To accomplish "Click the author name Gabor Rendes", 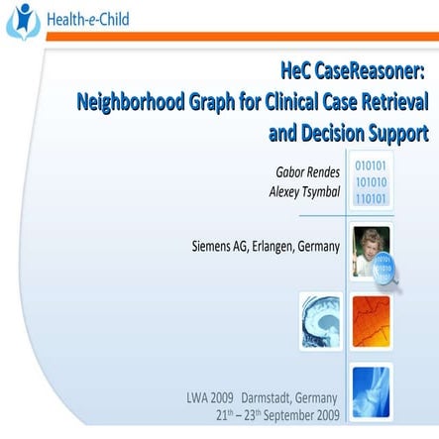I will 307,171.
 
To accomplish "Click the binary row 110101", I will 371,198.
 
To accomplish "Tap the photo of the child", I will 371,247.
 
